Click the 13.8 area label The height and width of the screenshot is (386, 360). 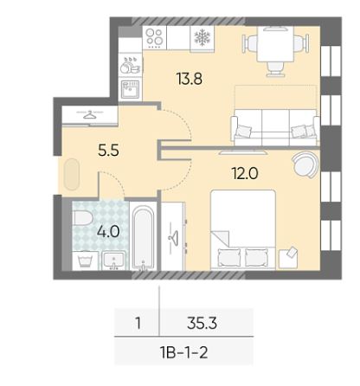pos(190,79)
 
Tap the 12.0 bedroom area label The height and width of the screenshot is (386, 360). pos(245,173)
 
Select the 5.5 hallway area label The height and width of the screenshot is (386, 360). pos(108,150)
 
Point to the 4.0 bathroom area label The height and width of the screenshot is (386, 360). pos(108,231)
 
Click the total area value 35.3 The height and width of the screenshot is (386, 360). pos(202,323)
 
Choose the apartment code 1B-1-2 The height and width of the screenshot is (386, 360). pos(183,352)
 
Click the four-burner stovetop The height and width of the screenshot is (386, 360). pos(154,37)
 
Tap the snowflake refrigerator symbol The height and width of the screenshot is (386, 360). pos(202,37)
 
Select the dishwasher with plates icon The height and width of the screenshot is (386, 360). pos(130,65)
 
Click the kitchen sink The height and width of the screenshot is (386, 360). pos(130,89)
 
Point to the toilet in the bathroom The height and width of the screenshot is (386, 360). pos(82,217)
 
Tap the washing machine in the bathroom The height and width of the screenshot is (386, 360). pos(85,261)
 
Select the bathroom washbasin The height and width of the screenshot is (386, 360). pos(114,261)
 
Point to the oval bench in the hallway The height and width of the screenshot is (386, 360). pos(72,174)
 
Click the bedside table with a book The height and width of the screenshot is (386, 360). pos(288,259)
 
